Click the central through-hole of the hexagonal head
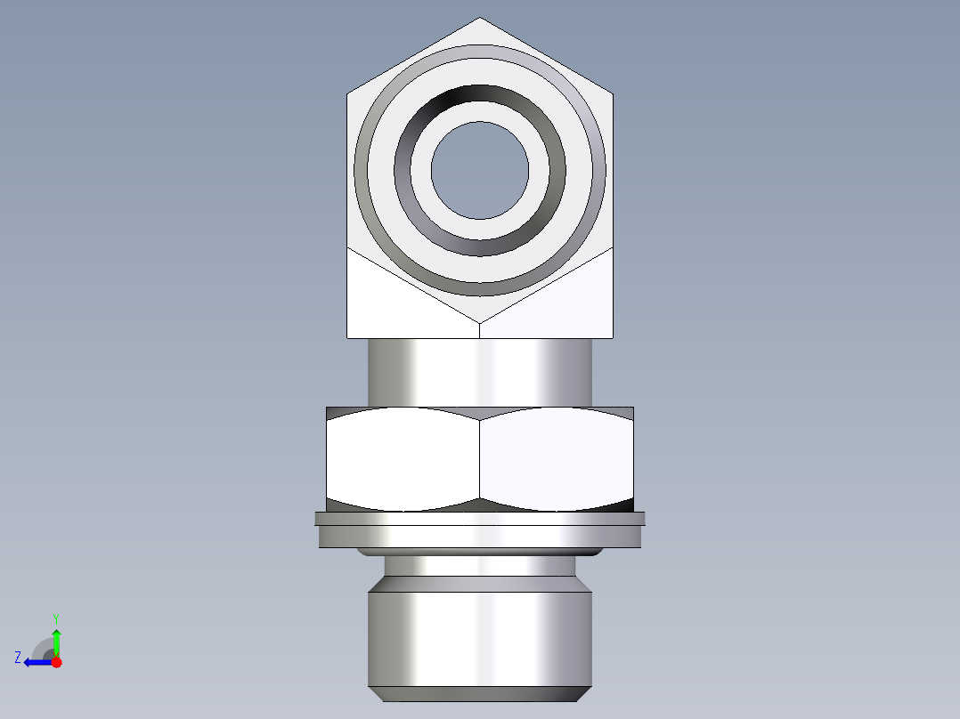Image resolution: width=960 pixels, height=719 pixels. point(480,170)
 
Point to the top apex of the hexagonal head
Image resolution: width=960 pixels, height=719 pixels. point(480,20)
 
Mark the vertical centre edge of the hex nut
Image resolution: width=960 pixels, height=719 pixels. point(480,458)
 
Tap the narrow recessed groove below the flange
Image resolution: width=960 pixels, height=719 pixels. point(480,565)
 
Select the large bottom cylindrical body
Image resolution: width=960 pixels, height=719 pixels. point(480,636)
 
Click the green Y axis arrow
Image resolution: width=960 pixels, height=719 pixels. point(56,640)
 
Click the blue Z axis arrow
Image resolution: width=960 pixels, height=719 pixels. point(36,662)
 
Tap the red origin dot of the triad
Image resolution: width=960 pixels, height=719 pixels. point(56,662)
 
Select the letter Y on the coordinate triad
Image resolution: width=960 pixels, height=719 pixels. point(55,618)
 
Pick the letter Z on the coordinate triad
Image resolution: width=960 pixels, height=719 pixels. point(18,658)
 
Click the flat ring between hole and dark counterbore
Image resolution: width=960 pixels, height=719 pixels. point(480,230)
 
